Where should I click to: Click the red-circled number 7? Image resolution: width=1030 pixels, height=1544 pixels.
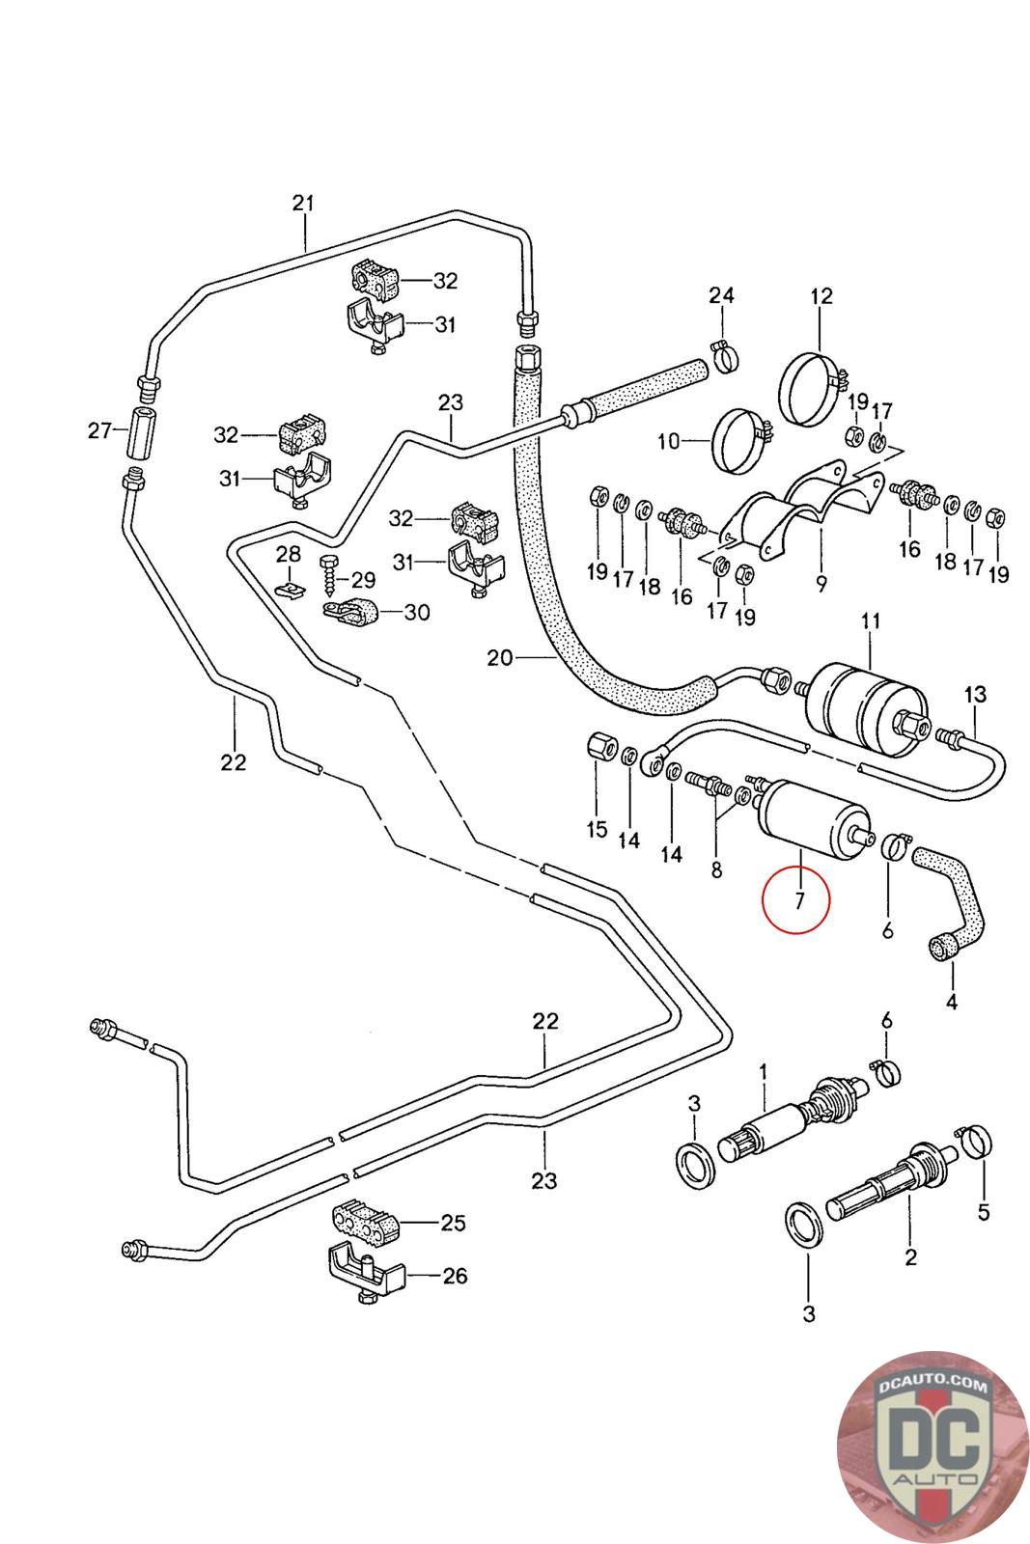coord(798,901)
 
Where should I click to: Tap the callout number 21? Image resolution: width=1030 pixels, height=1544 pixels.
coord(303,204)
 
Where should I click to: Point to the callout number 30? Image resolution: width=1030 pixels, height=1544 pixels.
coord(416,612)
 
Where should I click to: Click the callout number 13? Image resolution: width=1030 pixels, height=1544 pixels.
coord(975,694)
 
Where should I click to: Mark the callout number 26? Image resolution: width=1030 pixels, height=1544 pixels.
coord(454,1276)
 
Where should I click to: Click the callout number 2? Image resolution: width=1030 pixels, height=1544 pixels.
coord(910,1257)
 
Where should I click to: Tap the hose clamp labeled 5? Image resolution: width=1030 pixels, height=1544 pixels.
coord(973,1144)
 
